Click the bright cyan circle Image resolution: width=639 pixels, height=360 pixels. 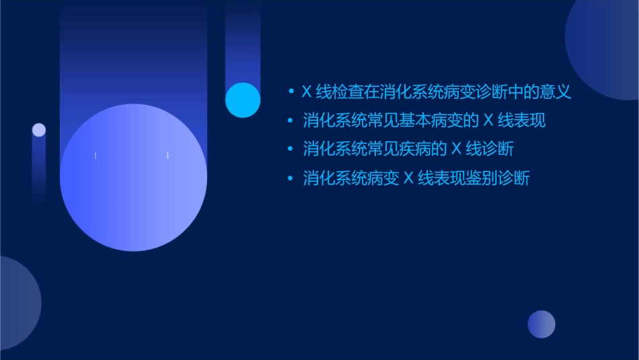pyautogui.click(x=243, y=100)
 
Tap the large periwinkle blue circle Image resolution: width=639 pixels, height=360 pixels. pyautogui.click(x=133, y=177)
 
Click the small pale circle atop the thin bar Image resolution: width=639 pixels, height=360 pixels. pyautogui.click(x=39, y=130)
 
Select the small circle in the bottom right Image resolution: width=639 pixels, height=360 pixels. pyautogui.click(x=541, y=324)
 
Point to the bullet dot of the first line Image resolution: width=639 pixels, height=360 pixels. pyautogui.click(x=291, y=92)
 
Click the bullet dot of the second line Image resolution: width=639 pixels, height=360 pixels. pyautogui.click(x=291, y=121)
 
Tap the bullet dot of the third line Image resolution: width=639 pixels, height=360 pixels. pyautogui.click(x=291, y=149)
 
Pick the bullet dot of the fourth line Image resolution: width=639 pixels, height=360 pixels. pyautogui.click(x=291, y=178)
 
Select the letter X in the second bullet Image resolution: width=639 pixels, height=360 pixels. pyautogui.click(x=489, y=121)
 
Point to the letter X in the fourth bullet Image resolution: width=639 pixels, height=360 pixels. pyautogui.click(x=408, y=178)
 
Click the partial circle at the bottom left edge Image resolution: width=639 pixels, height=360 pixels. pyautogui.click(x=17, y=303)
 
